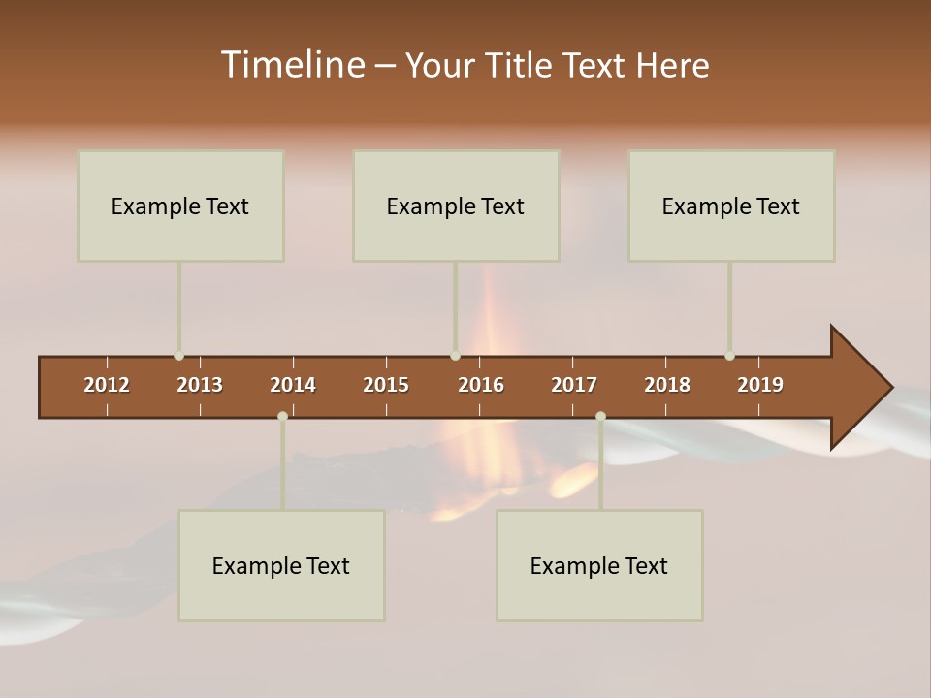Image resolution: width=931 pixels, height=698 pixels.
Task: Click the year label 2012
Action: [x=107, y=385]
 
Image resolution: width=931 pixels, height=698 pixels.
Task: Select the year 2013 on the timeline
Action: [x=200, y=385]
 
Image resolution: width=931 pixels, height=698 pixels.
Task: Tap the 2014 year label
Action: [x=293, y=385]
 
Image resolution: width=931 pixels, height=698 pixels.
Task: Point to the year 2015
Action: [x=386, y=385]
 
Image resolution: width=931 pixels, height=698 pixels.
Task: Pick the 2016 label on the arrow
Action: [x=481, y=385]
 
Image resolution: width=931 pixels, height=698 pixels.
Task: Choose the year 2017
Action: [x=574, y=385]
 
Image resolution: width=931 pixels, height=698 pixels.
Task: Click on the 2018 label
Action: [x=667, y=385]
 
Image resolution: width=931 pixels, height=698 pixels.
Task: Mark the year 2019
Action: [x=760, y=385]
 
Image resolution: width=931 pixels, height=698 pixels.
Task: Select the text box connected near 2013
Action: [x=180, y=206]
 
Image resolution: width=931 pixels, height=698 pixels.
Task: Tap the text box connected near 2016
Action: [x=456, y=206]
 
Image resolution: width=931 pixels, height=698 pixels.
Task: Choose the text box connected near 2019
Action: [x=731, y=206]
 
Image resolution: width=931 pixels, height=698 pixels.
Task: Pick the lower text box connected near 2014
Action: [x=281, y=565]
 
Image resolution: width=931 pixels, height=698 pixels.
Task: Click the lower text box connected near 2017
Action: [x=599, y=565]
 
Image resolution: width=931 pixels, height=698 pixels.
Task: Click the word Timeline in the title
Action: [x=292, y=64]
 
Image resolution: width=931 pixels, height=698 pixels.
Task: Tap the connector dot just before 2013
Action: [x=178, y=356]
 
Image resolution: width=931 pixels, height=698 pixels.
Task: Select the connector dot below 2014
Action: [x=282, y=416]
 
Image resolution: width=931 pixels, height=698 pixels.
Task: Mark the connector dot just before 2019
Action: [x=729, y=356]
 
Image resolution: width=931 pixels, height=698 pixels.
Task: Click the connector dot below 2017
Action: [x=600, y=416]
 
